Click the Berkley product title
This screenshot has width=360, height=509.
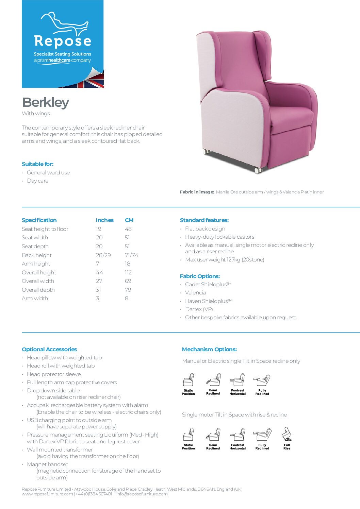(46, 102)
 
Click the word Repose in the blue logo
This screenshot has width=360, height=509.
(63, 41)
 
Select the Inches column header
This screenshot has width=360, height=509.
(104, 220)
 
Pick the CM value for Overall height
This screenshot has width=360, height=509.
(128, 272)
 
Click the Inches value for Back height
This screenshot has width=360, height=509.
(103, 255)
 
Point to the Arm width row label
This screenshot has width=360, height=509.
(35, 298)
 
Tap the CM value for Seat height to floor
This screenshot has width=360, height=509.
(128, 229)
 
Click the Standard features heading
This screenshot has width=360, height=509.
(204, 220)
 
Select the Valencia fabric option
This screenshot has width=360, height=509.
(195, 292)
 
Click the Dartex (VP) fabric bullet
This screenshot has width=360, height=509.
(199, 309)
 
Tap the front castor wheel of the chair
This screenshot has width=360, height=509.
(258, 170)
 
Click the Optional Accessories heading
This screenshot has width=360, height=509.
(49, 349)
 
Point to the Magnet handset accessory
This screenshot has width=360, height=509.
(47, 464)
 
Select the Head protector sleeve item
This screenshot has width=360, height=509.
(54, 374)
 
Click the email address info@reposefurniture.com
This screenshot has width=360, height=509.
(142, 494)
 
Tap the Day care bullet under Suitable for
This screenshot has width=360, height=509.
(37, 181)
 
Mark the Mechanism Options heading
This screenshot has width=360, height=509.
(209, 349)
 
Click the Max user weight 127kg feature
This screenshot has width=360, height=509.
(225, 259)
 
